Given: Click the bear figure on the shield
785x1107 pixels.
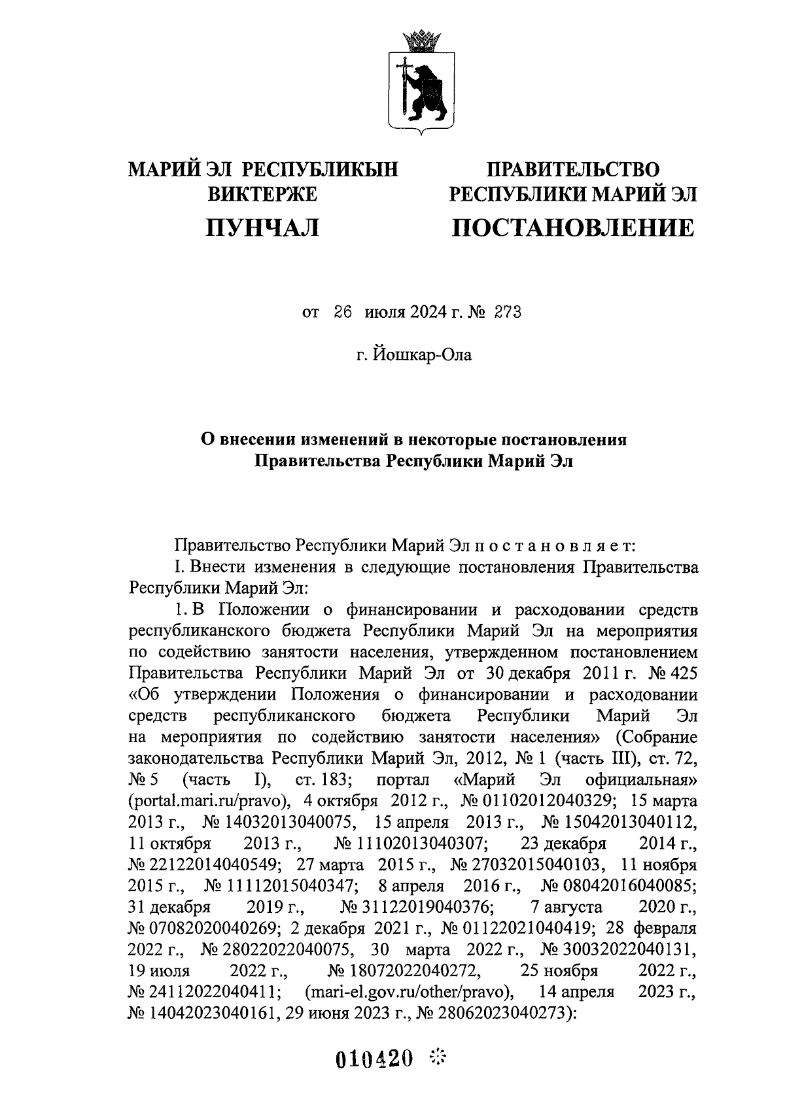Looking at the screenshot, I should tap(428, 92).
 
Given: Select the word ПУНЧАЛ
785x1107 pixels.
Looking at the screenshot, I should tap(262, 228).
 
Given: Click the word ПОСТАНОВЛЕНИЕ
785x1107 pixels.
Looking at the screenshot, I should tap(574, 228).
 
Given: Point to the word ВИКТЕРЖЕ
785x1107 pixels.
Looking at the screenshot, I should tap(262, 194).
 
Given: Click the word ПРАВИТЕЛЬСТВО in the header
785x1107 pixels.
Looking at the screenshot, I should tap(574, 170).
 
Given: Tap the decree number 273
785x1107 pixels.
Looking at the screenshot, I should tap(507, 313).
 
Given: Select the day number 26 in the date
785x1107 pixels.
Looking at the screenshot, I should tap(343, 313).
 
